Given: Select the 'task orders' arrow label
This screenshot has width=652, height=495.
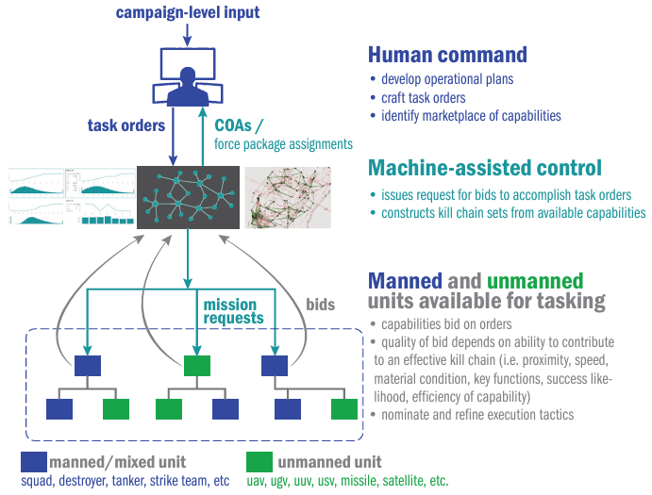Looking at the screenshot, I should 126,125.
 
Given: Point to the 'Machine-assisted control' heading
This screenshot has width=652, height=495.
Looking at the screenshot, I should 484,169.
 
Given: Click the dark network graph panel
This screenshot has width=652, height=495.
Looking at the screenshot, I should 188,196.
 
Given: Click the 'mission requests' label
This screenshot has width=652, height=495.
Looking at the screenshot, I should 233,311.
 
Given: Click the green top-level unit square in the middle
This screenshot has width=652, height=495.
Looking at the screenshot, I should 196,366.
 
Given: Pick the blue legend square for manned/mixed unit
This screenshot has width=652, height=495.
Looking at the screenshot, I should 34,462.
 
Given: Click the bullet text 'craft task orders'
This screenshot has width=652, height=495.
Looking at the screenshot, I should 424,98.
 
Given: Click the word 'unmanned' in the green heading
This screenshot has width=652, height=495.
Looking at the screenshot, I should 535,280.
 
